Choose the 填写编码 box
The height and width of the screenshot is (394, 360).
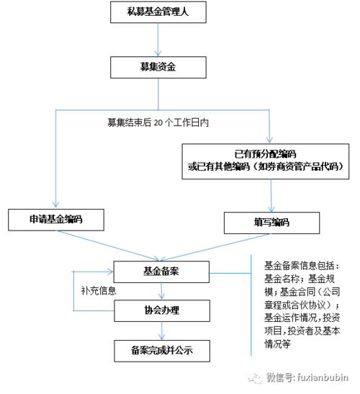[271, 223]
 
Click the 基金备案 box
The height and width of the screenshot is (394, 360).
[162, 272]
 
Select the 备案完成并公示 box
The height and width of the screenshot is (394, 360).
[162, 351]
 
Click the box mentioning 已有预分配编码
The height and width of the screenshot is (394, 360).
[271, 160]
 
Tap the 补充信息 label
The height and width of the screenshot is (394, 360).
[99, 292]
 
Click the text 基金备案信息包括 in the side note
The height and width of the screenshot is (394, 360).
[296, 264]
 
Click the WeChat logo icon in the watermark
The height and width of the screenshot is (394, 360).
[255, 376]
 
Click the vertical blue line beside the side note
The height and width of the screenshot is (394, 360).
[250, 303]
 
